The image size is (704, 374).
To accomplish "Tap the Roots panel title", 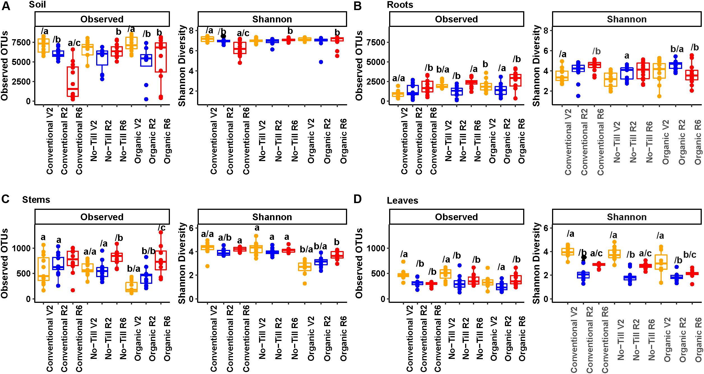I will pyautogui.click(x=400, y=5).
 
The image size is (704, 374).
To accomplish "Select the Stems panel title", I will pyautogui.click(x=36, y=199).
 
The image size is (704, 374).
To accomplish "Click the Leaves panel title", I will pyautogui.click(x=402, y=200).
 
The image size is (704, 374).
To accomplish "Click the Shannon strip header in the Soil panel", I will pyautogui.click(x=272, y=19).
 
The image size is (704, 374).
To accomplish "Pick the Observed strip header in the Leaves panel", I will pyautogui.click(x=456, y=217).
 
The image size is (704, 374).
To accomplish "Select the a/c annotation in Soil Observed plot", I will pyautogui.click(x=74, y=43).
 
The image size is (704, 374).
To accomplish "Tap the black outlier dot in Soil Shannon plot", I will pyautogui.click(x=223, y=36).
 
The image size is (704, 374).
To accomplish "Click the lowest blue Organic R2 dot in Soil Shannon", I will pyautogui.click(x=321, y=62).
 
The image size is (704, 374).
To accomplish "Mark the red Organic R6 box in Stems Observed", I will pyautogui.click(x=161, y=260).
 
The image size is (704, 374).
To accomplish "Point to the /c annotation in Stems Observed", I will pyautogui.click(x=161, y=227).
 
